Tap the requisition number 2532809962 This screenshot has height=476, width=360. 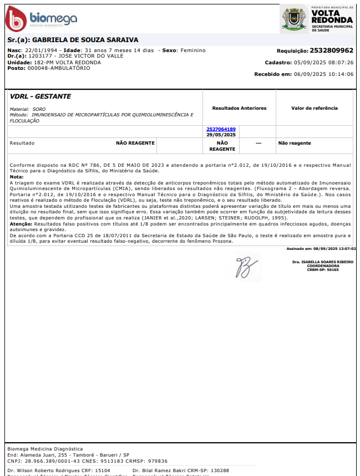pyautogui.click(x=331, y=50)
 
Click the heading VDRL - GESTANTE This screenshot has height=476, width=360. pyautogui.click(x=40, y=96)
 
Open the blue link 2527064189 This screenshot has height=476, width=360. pyautogui.click(x=221, y=129)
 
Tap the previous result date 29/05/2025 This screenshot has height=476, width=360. pyautogui.click(x=221, y=135)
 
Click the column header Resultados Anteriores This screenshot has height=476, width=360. pyautogui.click(x=239, y=108)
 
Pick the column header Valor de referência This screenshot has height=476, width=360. pyautogui.click(x=314, y=108)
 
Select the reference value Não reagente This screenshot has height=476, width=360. pyautogui.click(x=295, y=143)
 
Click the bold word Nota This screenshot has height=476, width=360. pyautogui.click(x=16, y=176)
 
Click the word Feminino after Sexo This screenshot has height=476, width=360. pyautogui.click(x=192, y=50)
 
